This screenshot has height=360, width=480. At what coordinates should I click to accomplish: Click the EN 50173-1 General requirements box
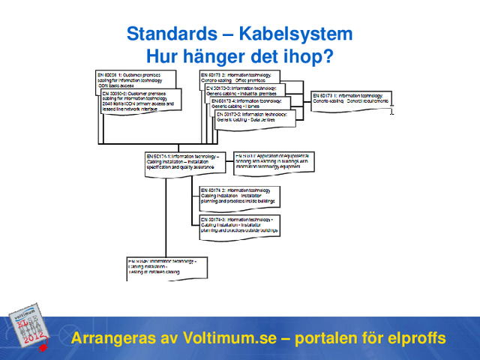click(351, 100)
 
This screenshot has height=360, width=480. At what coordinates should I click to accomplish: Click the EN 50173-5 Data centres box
click(250, 117)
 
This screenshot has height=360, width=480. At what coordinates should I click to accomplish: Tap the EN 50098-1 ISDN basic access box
click(135, 79)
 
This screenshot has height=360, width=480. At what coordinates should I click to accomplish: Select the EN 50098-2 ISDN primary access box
click(139, 102)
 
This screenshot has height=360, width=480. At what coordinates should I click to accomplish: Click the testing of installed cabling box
click(166, 266)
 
